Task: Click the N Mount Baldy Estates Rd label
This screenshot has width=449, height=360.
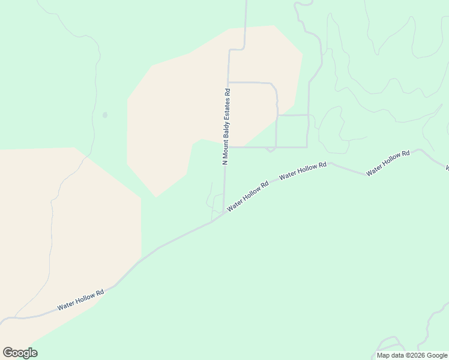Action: tap(226, 127)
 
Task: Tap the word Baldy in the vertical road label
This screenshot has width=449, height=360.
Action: tap(226, 128)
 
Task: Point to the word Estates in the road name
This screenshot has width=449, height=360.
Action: tap(226, 109)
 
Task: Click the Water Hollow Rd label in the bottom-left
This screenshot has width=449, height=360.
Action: tap(80, 299)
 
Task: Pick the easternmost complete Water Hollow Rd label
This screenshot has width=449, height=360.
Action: tap(388, 163)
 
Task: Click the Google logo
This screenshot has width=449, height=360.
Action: tap(20, 353)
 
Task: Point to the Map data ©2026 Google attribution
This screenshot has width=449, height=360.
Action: tap(412, 355)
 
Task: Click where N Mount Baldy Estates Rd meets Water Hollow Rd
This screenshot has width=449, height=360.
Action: tap(224, 212)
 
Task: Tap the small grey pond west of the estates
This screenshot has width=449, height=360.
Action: tap(105, 115)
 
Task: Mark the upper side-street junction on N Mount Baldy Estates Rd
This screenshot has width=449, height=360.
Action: tap(228, 82)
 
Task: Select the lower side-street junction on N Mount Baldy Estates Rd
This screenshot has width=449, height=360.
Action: tap(226, 147)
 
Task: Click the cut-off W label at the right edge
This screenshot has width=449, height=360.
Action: tap(446, 166)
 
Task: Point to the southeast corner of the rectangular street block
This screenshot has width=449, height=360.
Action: tap(307, 146)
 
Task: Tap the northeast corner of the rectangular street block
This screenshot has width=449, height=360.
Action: tap(308, 115)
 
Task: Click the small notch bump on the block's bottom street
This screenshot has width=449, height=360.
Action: tap(271, 149)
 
